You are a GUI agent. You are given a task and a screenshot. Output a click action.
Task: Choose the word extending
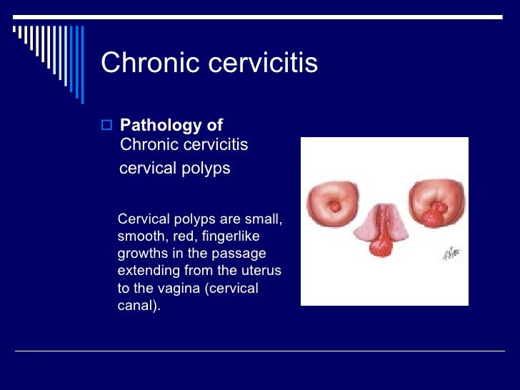click(x=145, y=271)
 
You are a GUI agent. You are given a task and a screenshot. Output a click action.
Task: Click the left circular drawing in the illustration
click(x=334, y=204)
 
